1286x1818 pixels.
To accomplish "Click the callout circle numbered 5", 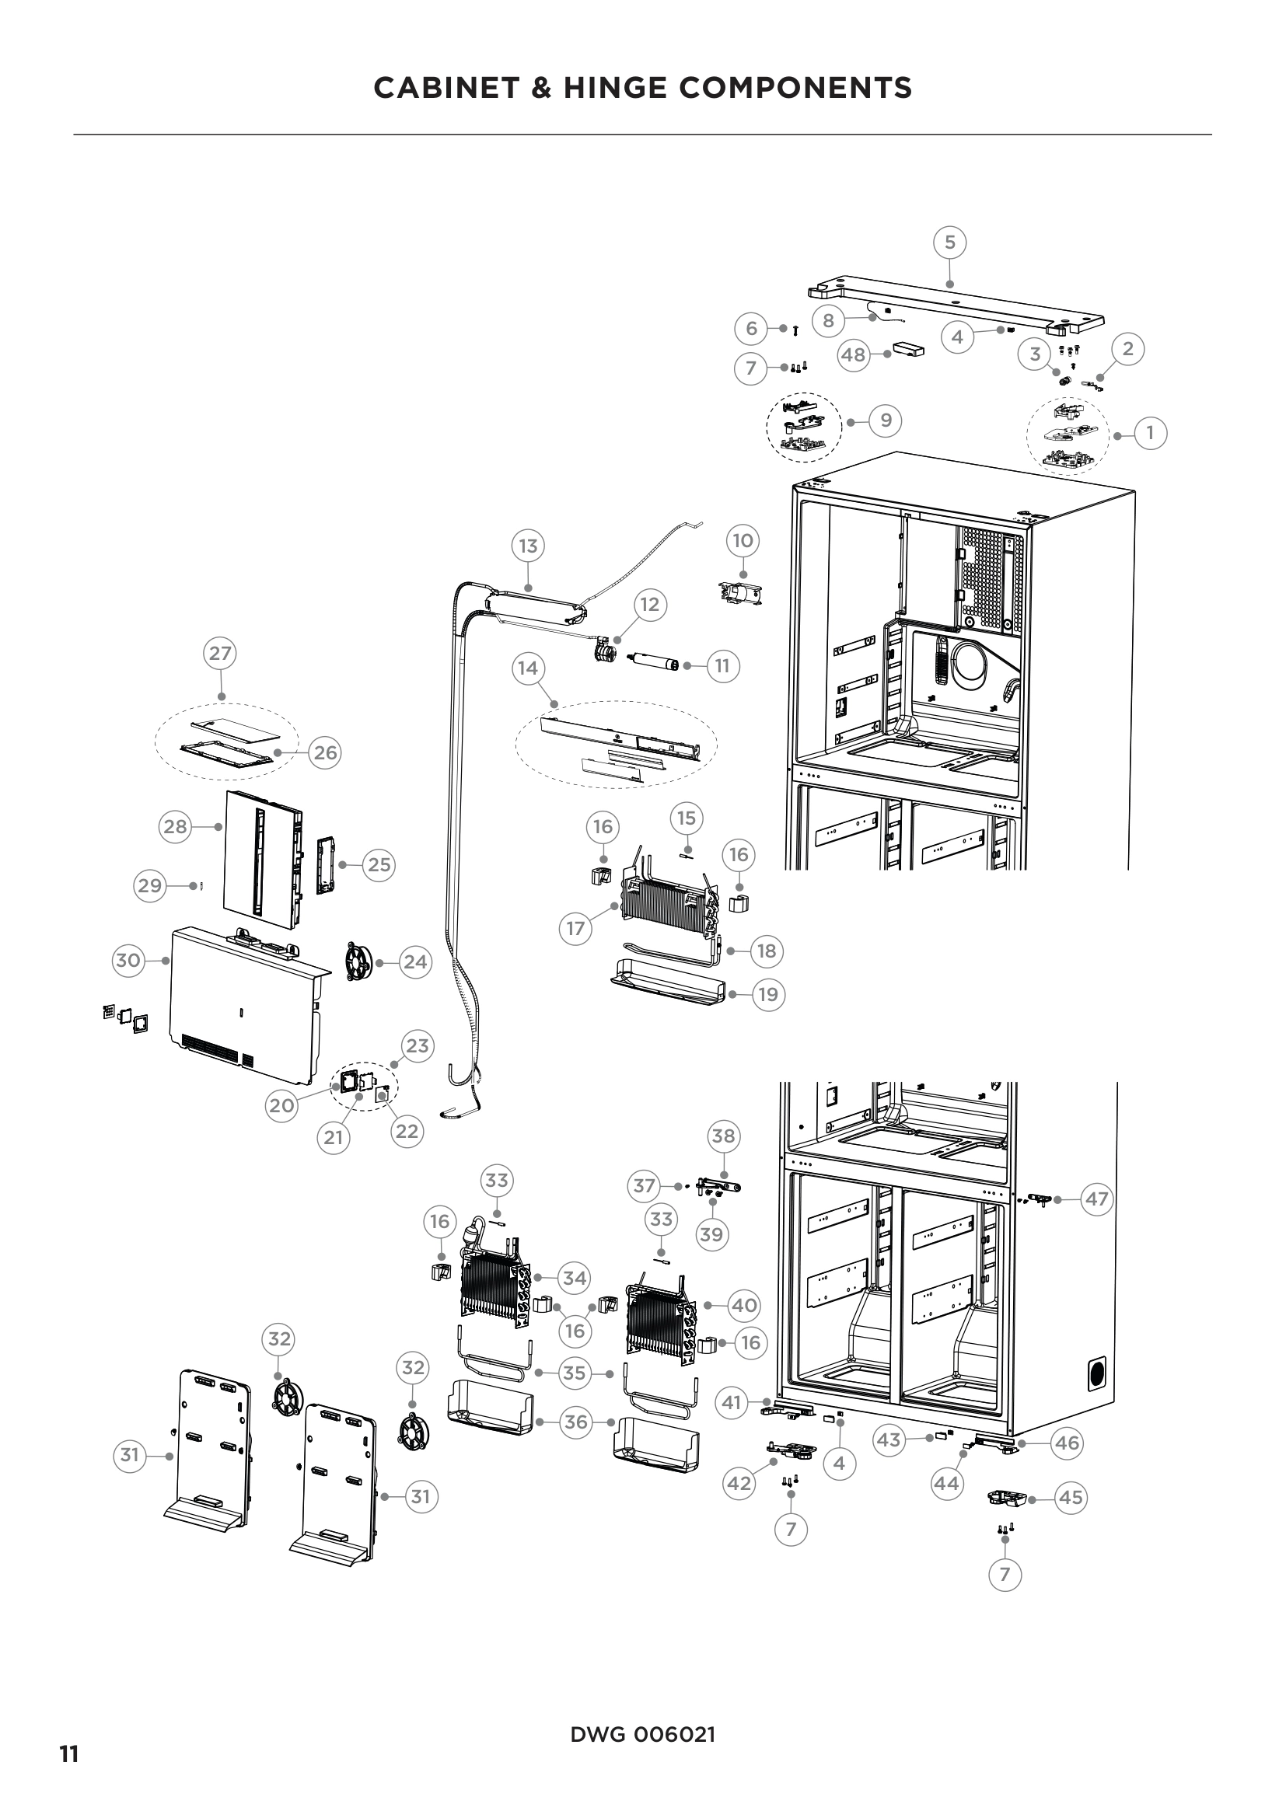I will [x=950, y=242].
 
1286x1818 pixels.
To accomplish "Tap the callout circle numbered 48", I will [x=853, y=355].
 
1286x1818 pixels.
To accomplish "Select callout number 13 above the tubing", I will [x=528, y=546].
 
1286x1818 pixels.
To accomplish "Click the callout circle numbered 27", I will [x=220, y=653].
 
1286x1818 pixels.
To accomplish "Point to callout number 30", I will [x=128, y=961].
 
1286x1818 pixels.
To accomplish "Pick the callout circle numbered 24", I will [x=415, y=962].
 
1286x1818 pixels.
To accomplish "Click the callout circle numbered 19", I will [x=768, y=995].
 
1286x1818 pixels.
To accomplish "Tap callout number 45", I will [x=1071, y=1497].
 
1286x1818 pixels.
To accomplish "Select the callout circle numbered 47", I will [x=1097, y=1199].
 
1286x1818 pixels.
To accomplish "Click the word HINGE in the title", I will [x=614, y=88].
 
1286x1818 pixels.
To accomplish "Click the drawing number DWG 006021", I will [x=642, y=1734].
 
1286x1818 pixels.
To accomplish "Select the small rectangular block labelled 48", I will [x=908, y=349].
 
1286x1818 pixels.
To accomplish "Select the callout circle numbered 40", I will [x=743, y=1305].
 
